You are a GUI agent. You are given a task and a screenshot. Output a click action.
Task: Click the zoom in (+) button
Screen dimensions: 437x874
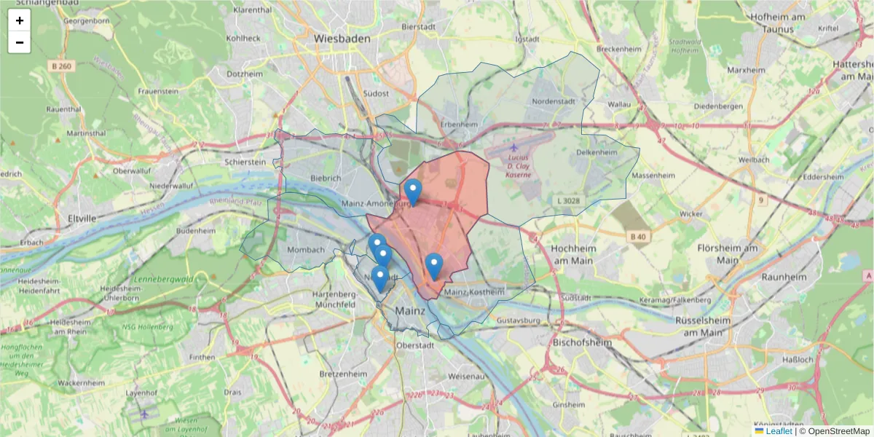click(20, 20)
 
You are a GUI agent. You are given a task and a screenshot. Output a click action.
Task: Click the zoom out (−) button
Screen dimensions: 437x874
click(20, 42)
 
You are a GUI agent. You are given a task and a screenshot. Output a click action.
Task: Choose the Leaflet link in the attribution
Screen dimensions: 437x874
click(778, 431)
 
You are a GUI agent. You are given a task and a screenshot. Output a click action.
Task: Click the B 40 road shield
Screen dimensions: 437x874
click(638, 236)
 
